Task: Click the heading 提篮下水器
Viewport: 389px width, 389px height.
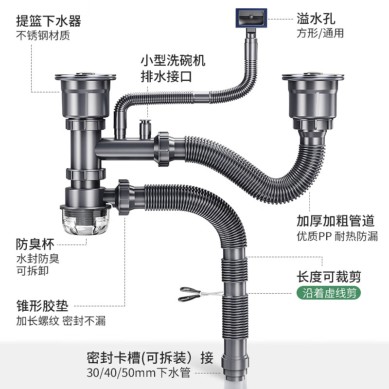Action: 48,21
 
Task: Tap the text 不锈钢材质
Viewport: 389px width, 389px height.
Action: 43,35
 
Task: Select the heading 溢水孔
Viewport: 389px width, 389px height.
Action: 316,19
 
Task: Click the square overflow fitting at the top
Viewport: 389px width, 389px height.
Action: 251,19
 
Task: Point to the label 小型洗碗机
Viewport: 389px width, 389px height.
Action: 173,61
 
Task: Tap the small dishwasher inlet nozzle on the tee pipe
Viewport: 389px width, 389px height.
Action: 144,128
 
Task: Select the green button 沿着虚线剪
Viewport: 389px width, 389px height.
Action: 329,294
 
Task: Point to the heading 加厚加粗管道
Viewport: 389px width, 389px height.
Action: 336,221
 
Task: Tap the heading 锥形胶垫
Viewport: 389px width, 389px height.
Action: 42,306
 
